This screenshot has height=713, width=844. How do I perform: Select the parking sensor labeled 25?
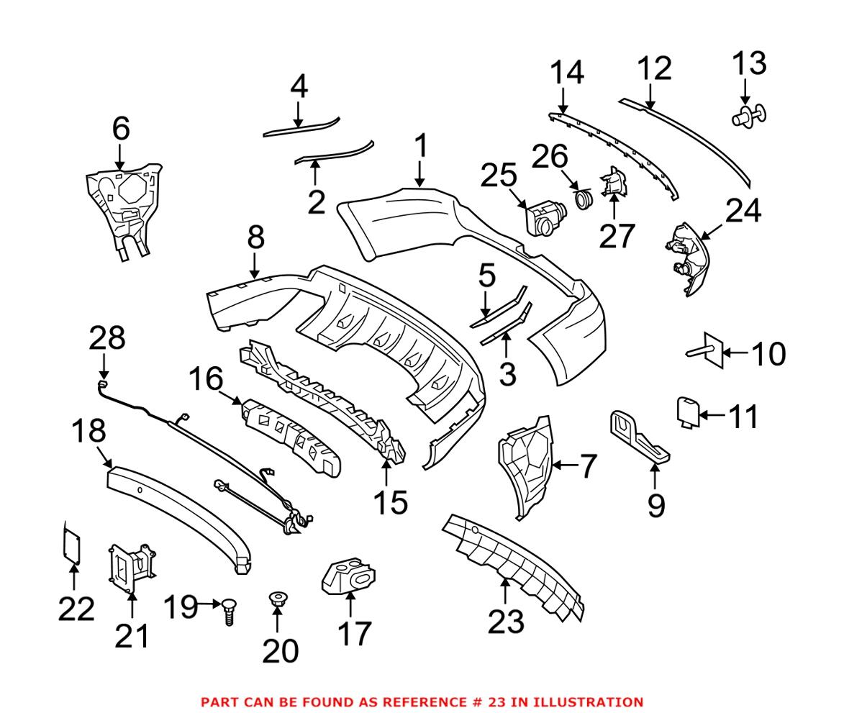544,217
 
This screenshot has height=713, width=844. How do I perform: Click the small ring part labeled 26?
584,199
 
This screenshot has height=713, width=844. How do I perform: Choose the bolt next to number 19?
228,612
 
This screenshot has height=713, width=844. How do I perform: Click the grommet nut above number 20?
276,598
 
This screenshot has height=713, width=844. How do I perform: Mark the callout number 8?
255,237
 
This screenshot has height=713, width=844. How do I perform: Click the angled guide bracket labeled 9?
639,435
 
